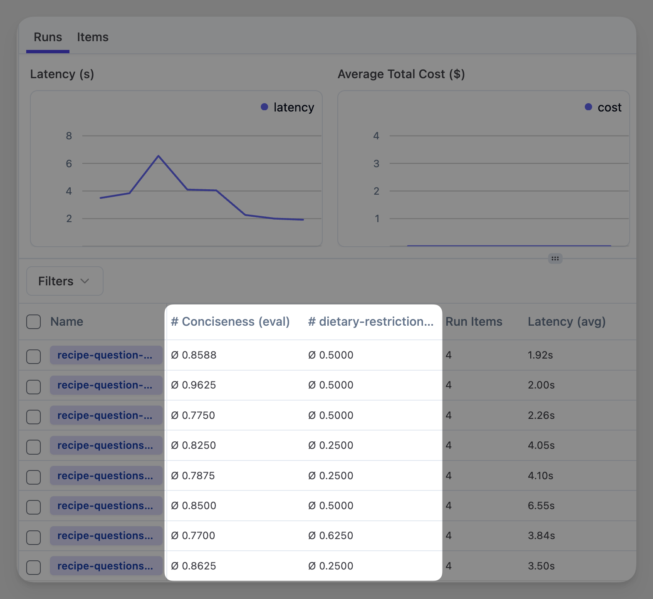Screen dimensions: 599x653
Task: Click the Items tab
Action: point(92,37)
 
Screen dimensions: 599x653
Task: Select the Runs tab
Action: point(48,37)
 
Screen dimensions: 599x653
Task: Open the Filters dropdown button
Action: point(64,281)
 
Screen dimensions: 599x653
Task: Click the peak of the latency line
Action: point(158,156)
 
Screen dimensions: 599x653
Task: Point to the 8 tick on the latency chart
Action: point(69,136)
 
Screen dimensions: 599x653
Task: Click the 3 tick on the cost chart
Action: point(376,164)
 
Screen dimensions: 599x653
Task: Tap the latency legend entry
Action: point(288,107)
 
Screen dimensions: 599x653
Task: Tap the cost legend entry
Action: point(604,107)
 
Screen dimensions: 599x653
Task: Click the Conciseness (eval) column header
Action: point(230,322)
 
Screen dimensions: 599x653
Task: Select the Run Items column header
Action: point(474,322)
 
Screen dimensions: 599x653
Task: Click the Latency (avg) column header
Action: point(566,322)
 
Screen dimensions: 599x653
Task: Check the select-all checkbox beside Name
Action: point(34,322)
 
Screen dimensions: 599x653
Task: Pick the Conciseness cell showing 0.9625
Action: point(194,385)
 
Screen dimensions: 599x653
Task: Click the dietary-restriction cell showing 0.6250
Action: point(331,536)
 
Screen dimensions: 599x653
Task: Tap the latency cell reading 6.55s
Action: point(541,506)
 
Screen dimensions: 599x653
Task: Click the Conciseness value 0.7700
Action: point(193,536)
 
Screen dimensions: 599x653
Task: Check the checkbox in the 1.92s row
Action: point(34,356)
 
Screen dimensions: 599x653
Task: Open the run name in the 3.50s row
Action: point(106,566)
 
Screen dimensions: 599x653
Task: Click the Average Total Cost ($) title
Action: point(401,74)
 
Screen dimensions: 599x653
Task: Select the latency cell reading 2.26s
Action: point(541,416)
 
